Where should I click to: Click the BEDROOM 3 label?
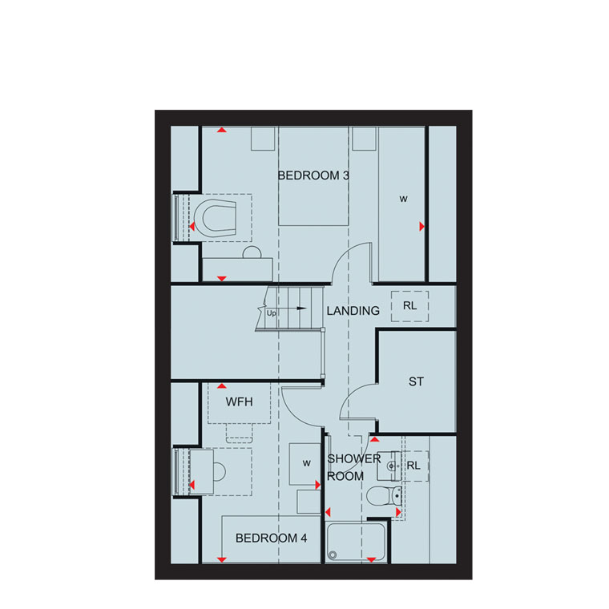[313, 175]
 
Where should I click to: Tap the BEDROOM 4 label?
[271, 538]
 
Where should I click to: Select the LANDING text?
[353, 311]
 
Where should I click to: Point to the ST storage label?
[416, 381]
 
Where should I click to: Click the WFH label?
[240, 401]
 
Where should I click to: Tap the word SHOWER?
[354, 458]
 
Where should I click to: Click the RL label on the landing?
[409, 305]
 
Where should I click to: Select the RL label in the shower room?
[413, 466]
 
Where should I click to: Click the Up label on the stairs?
[271, 313]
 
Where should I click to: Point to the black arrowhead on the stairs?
[301, 309]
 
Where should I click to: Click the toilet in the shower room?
[384, 496]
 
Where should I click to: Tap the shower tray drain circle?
[333, 555]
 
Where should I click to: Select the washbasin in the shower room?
[389, 466]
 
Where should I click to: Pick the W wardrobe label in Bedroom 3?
[404, 200]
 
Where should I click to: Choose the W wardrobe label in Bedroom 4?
[307, 463]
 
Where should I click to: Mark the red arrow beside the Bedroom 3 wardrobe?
[422, 227]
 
